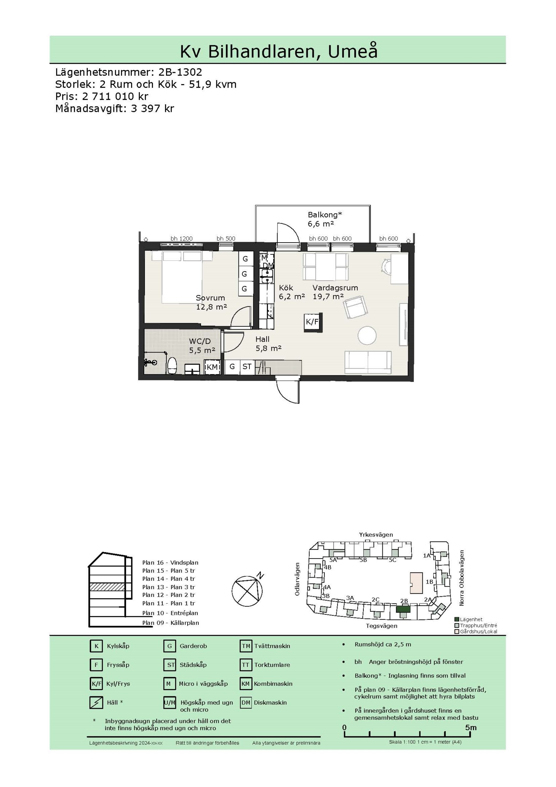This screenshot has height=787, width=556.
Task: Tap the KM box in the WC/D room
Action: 212,367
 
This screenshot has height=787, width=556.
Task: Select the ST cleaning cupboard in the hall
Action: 247,367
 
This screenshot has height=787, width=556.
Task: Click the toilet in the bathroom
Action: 172,365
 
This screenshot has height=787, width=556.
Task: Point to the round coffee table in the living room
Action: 367,335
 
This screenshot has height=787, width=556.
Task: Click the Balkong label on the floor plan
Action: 325,215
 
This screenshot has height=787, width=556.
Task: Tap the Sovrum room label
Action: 210,298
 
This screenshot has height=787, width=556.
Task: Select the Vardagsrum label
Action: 335,288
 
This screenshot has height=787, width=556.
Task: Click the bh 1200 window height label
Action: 181,239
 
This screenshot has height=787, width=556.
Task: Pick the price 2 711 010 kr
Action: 115,97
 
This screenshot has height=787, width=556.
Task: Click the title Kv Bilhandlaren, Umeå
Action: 279,51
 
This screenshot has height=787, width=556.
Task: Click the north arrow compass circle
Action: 247,591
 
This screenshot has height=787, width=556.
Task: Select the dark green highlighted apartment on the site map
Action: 403,609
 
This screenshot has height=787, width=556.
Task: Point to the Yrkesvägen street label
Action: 376,535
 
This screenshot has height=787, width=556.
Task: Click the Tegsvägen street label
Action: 382,626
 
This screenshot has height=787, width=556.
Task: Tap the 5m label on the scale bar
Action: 470,728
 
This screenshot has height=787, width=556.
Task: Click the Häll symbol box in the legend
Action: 96,702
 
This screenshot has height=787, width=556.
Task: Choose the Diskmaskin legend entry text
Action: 270,702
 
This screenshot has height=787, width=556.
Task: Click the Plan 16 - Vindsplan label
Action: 170,563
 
